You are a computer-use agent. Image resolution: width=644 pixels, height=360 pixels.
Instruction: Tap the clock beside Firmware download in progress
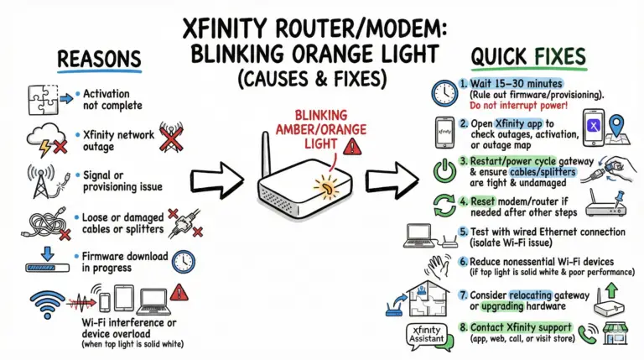(x=184, y=262)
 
